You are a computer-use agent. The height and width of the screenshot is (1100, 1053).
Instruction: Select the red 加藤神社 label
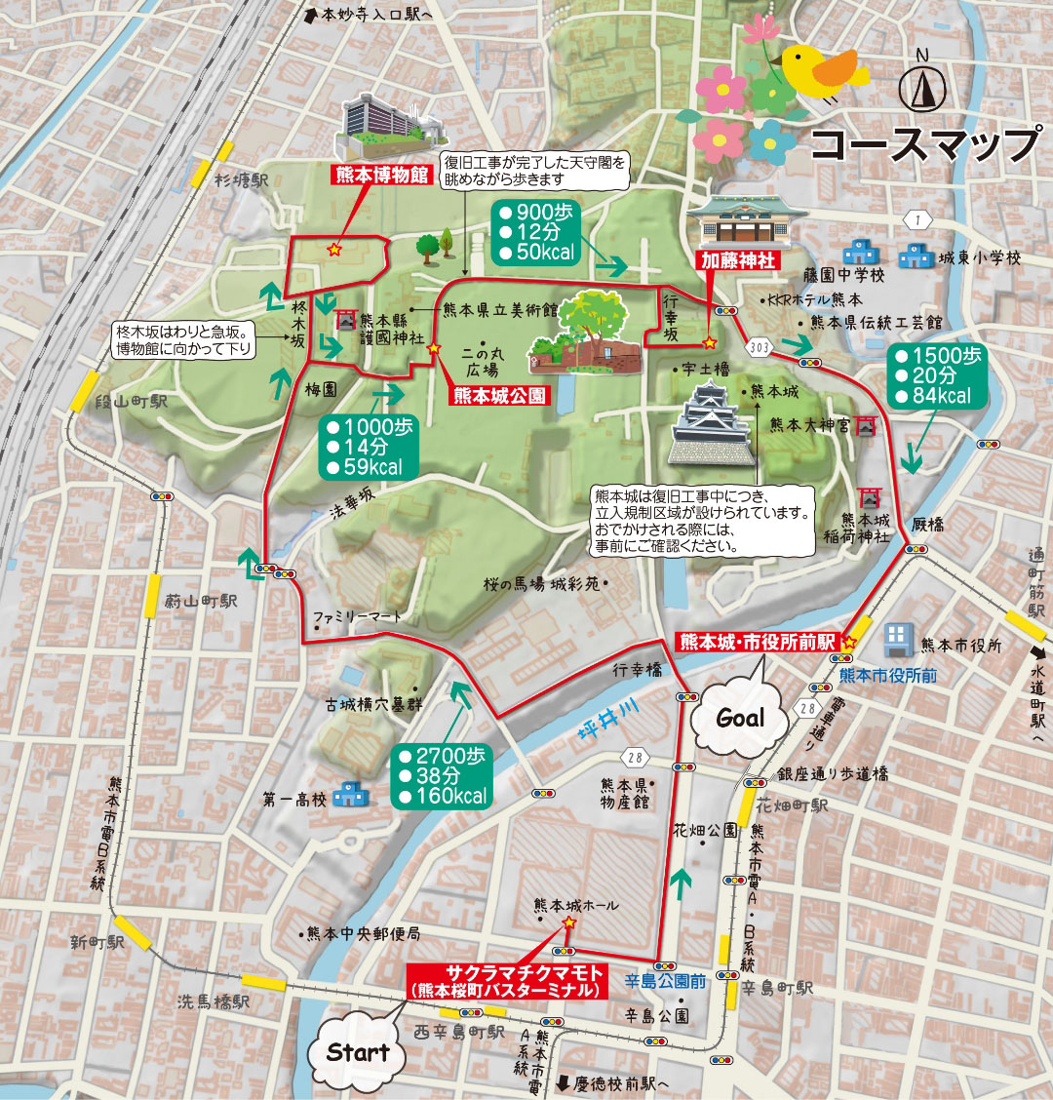tap(736, 261)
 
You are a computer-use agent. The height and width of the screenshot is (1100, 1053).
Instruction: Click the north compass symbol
tap(922, 90)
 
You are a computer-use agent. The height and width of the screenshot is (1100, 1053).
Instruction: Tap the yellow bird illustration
tap(821, 71)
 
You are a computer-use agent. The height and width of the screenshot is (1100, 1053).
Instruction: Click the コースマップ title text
tap(924, 144)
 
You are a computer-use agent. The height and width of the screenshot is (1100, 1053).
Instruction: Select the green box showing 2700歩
tap(443, 775)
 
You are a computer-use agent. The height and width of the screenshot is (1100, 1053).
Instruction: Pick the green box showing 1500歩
tap(937, 375)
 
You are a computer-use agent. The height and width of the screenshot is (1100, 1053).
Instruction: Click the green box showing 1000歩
tap(368, 447)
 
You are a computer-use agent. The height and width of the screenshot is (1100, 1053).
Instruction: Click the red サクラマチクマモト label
tap(507, 980)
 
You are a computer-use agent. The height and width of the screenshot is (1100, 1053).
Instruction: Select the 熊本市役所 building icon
tap(897, 642)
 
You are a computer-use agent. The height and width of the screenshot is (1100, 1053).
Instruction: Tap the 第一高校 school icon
tap(345, 797)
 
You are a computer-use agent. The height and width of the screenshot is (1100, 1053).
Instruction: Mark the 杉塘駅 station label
tap(242, 180)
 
